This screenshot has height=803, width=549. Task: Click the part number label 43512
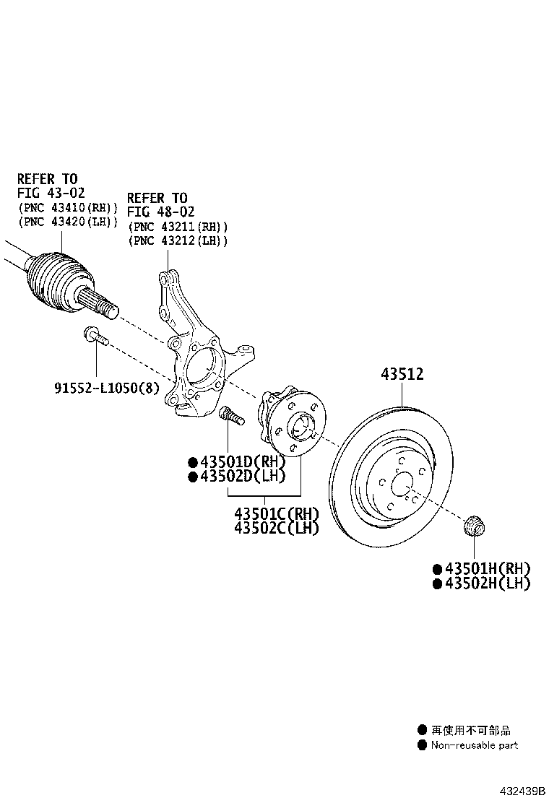coord(402,374)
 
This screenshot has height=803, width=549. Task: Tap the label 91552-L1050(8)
coord(107,388)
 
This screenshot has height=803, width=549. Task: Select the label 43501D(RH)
coord(242,462)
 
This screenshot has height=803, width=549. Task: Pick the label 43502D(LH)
coord(242,477)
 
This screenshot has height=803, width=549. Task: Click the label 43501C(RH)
coord(276,513)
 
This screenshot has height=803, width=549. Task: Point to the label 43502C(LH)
coord(276,527)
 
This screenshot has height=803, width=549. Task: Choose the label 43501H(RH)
coord(487,569)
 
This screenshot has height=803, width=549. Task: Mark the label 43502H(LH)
coord(487,583)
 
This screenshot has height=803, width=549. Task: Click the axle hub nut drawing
coord(474,527)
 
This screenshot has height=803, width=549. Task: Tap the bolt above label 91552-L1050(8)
coord(96,336)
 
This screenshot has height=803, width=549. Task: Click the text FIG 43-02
coord(51,193)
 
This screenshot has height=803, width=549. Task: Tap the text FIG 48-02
coord(161,212)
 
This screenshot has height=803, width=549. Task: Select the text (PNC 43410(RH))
coord(68,208)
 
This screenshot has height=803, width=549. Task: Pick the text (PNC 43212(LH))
coord(178,240)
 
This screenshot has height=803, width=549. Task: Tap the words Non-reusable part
coord(474,745)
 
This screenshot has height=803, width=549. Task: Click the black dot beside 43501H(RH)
coord(437,569)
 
